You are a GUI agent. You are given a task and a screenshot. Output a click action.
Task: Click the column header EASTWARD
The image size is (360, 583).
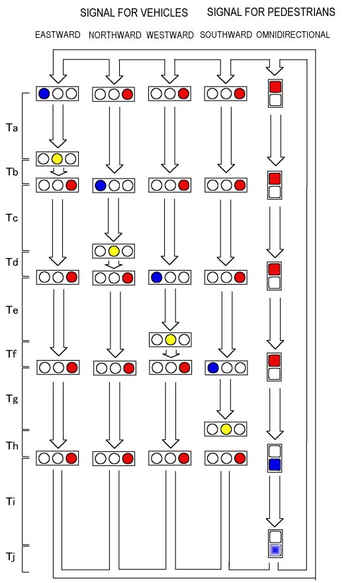58,35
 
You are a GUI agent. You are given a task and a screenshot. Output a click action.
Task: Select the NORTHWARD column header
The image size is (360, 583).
115,35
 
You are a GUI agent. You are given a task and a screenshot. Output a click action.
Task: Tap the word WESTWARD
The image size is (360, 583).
170,35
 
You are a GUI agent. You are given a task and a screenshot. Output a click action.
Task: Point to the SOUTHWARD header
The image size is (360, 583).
226,35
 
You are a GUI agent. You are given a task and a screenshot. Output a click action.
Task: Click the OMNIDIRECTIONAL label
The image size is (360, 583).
293,35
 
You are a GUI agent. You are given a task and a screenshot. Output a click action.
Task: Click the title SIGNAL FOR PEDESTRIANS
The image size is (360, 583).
271,13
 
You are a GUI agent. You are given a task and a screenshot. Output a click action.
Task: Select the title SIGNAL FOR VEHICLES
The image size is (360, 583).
134,13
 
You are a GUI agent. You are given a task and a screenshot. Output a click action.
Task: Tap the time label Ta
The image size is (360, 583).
12,128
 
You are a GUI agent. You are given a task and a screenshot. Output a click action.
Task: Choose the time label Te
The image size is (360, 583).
12,310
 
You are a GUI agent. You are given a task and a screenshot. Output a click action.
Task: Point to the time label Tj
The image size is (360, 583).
11,557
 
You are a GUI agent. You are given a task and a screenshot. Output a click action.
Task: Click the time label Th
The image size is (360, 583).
12,445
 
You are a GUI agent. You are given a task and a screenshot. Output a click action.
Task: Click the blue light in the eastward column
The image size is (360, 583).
44,93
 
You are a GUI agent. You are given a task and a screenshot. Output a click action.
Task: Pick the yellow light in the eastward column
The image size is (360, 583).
57,159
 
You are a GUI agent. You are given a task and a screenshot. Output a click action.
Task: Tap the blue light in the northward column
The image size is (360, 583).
101,185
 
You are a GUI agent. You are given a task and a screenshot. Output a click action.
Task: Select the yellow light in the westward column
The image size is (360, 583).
170,339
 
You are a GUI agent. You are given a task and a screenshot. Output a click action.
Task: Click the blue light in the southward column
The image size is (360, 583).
212,368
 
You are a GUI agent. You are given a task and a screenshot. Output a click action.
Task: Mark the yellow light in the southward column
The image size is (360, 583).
226,429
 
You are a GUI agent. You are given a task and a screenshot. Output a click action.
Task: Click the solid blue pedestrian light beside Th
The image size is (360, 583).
275,465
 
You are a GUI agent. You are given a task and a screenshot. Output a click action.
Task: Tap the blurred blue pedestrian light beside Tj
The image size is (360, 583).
275,549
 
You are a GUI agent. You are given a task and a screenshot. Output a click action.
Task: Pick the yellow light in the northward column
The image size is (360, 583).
114,251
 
